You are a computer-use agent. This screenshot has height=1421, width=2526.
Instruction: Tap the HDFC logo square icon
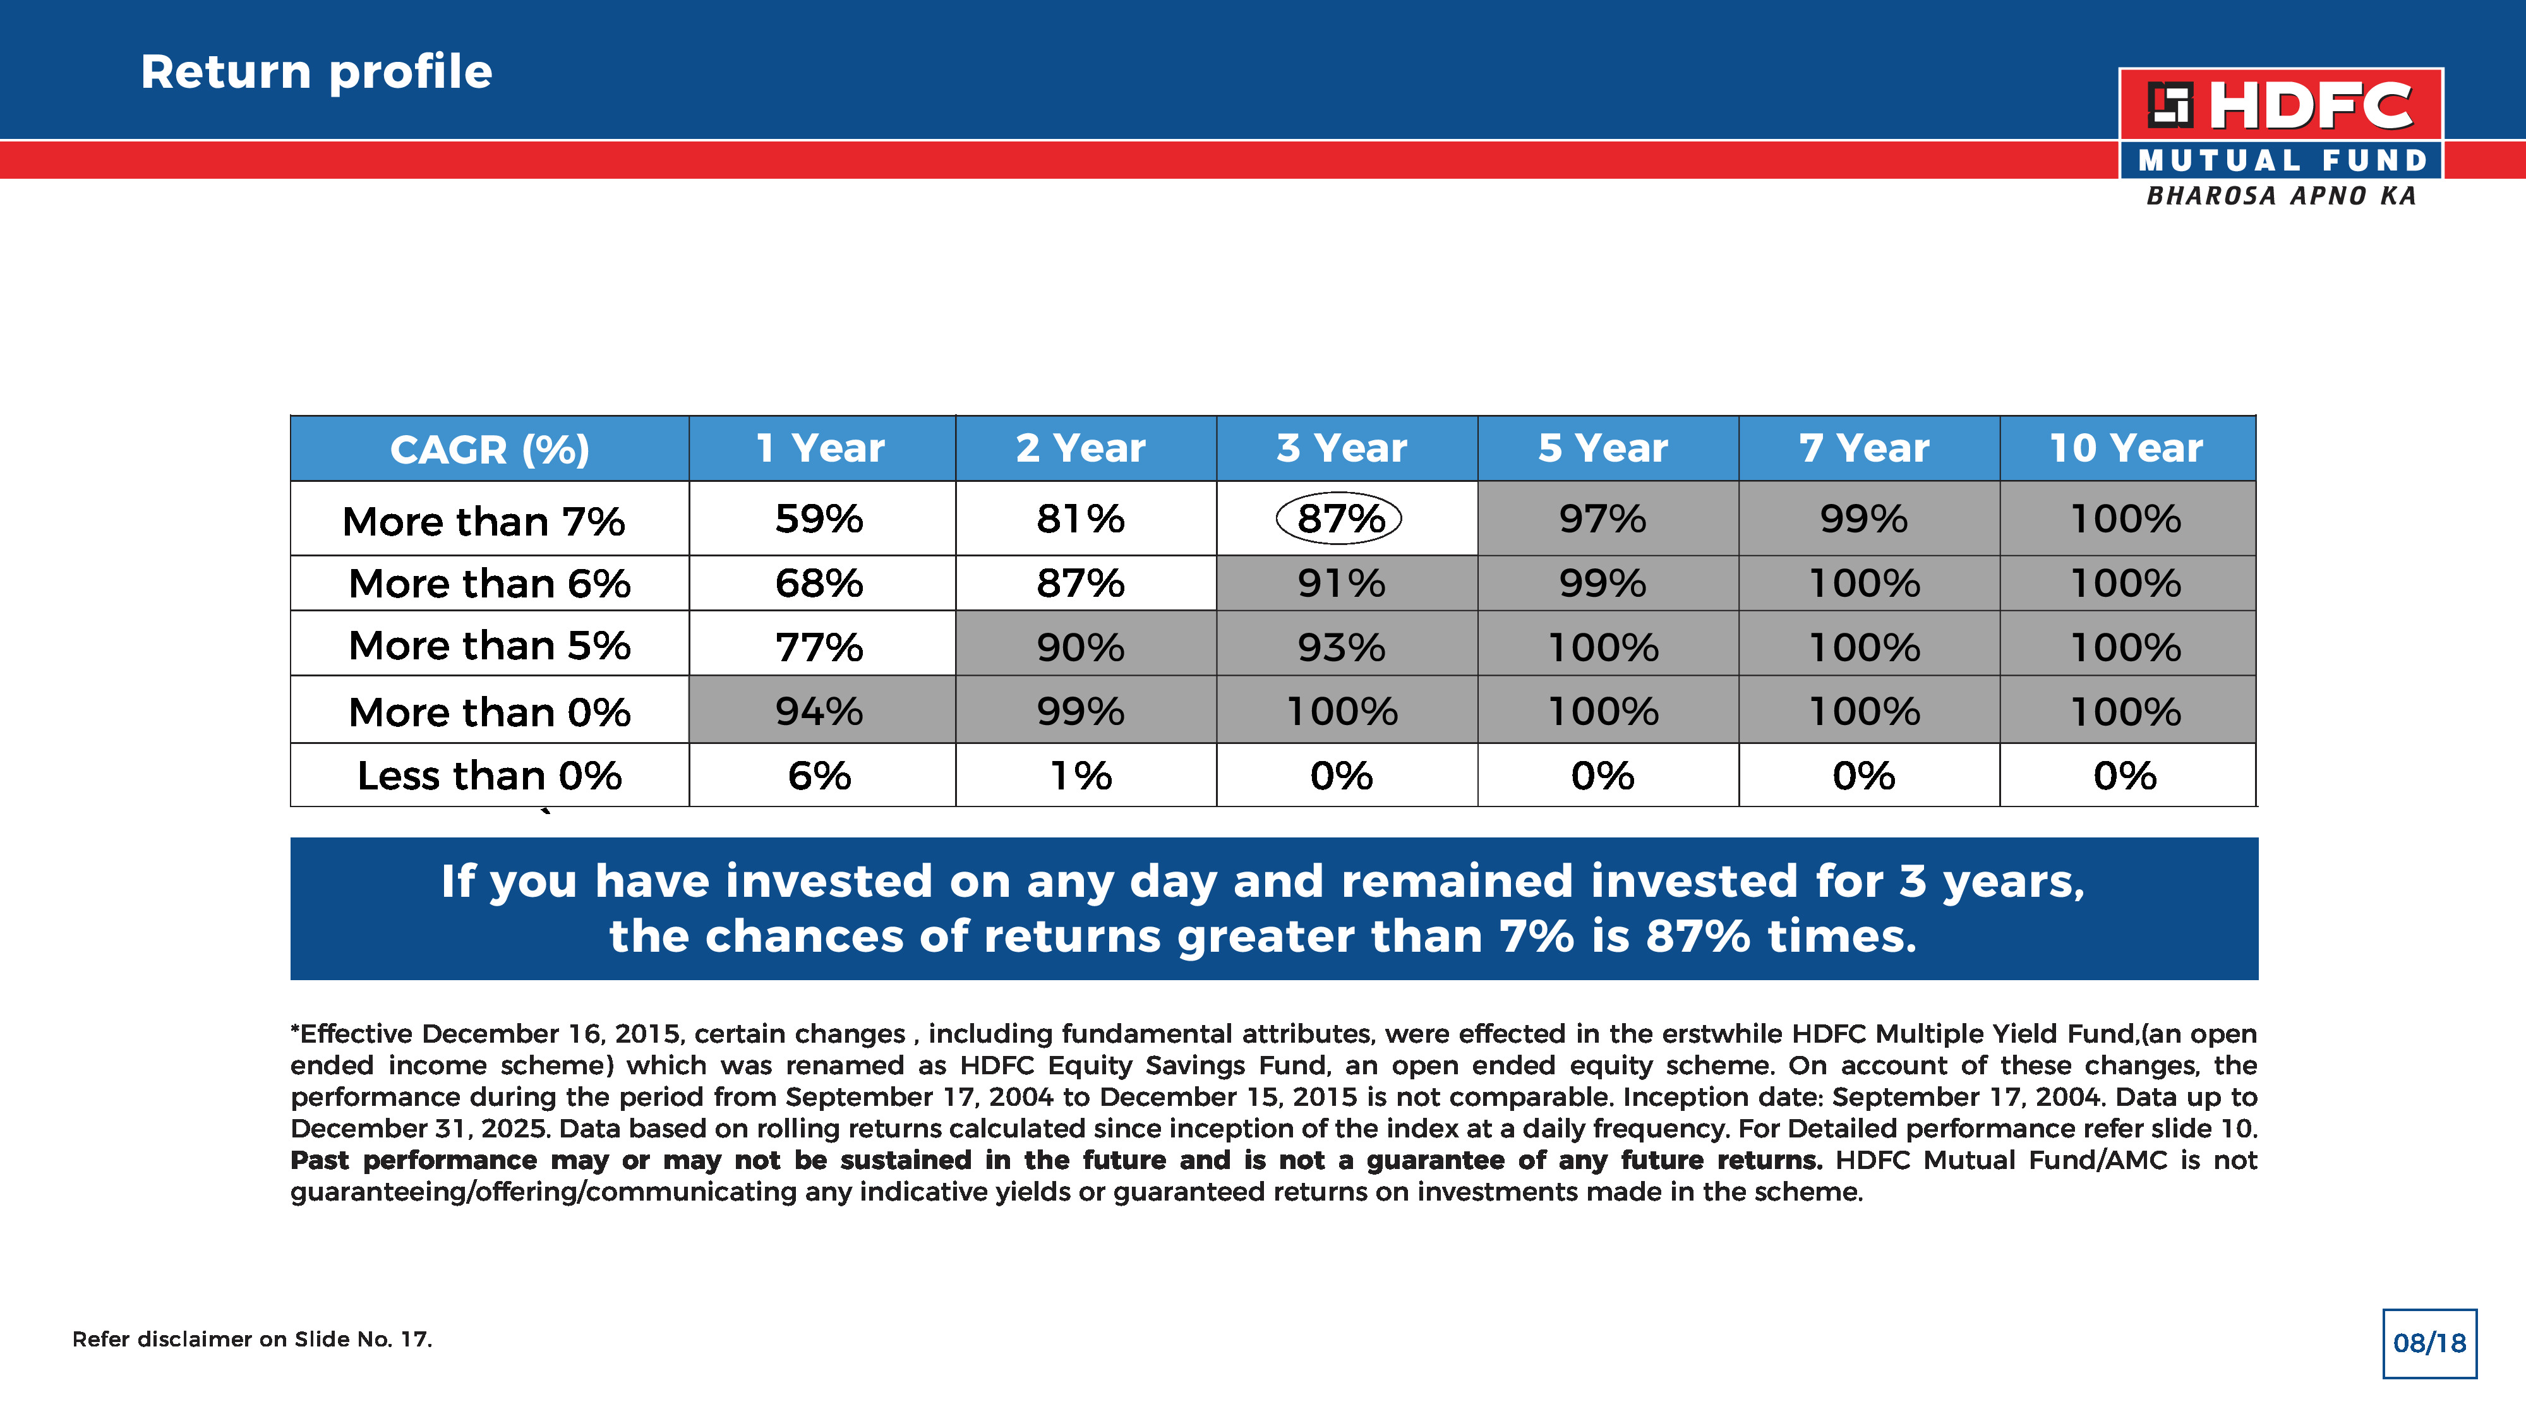[x=2169, y=105]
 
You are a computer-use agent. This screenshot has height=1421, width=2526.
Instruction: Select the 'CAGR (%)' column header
[x=490, y=449]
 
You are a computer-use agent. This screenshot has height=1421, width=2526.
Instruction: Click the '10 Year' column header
[x=2126, y=448]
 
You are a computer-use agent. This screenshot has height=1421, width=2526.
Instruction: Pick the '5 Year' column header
[x=1603, y=448]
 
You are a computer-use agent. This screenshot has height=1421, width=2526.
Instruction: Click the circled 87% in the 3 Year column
[x=1340, y=519]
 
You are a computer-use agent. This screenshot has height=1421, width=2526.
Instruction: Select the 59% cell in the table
[x=819, y=519]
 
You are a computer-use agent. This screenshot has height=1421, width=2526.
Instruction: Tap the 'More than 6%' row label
[x=490, y=584]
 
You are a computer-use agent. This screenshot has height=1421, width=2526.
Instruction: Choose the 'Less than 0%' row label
[x=490, y=776]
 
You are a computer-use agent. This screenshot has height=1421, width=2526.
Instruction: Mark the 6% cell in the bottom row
[x=819, y=776]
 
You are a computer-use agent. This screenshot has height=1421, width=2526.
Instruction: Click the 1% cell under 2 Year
[x=1081, y=776]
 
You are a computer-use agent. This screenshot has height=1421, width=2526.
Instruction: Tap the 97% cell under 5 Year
[x=1603, y=519]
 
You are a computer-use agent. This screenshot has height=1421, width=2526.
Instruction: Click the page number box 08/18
[x=2429, y=1343]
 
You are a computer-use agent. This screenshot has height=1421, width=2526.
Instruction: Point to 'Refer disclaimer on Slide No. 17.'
[x=252, y=1340]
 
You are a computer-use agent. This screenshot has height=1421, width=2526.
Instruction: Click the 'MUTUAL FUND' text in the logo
[x=2281, y=160]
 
